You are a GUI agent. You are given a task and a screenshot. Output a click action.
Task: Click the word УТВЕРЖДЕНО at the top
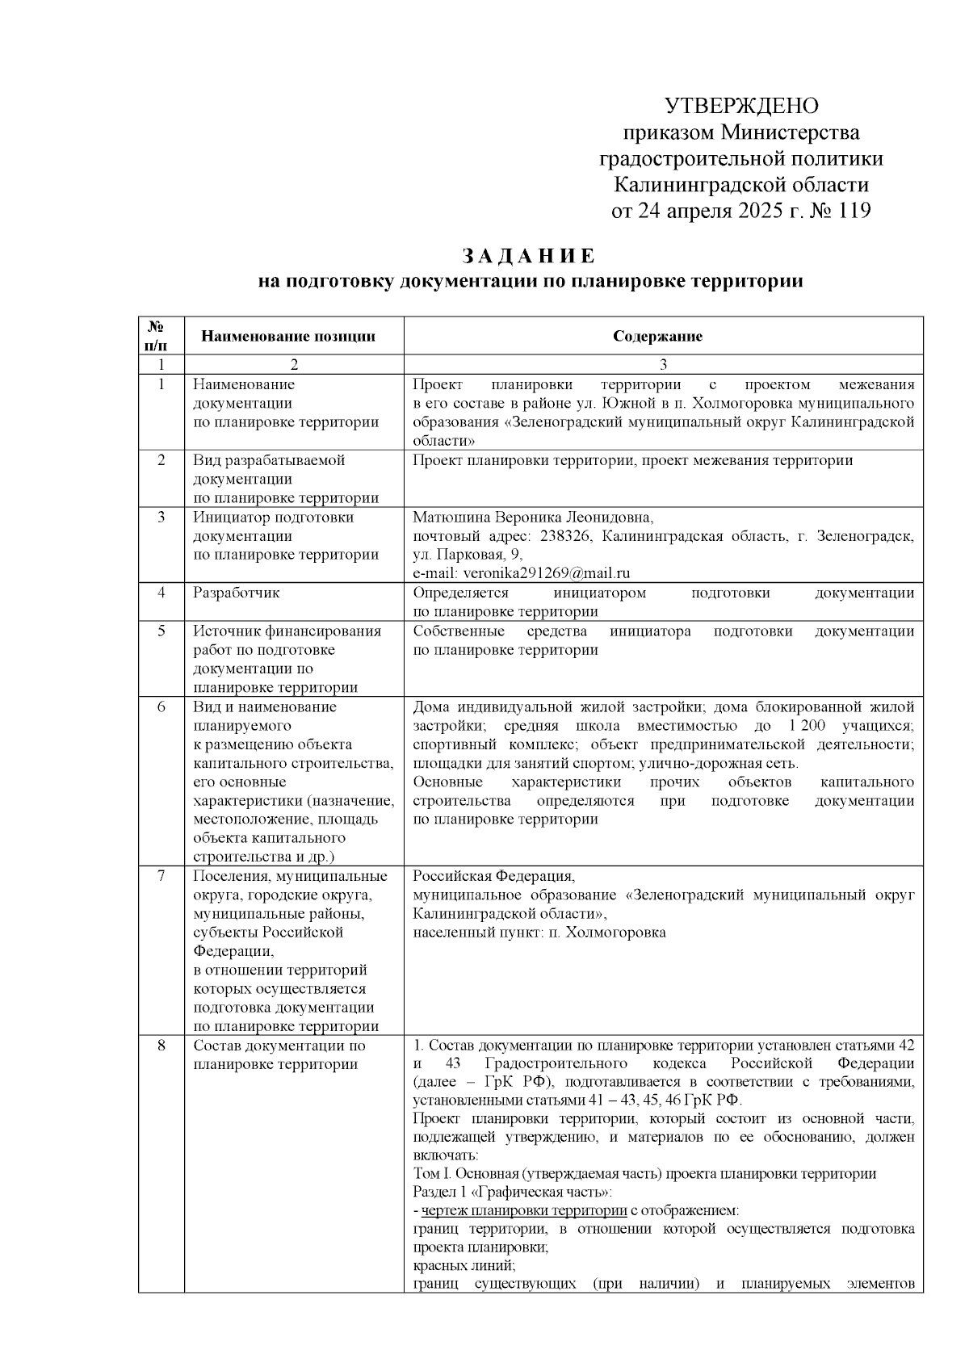tap(741, 106)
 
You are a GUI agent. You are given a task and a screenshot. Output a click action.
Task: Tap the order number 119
tap(850, 212)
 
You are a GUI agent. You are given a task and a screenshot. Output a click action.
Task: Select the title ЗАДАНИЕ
tap(529, 256)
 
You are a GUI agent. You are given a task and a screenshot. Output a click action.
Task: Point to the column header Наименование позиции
tap(288, 336)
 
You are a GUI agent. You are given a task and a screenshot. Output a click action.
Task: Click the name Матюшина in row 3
tap(449, 517)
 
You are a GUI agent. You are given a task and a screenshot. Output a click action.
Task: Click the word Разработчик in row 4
tap(237, 592)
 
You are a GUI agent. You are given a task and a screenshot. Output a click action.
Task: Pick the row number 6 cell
tap(161, 706)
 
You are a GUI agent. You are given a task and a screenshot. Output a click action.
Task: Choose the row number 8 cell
tap(161, 1046)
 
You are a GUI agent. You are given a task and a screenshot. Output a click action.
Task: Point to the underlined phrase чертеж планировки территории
tap(524, 1210)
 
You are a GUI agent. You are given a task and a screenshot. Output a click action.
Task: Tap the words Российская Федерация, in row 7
tap(493, 876)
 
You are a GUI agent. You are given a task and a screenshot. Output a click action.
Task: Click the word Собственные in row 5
tap(459, 631)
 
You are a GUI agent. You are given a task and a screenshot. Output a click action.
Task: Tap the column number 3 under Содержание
tap(663, 363)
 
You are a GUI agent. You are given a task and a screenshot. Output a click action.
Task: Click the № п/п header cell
tap(161, 336)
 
